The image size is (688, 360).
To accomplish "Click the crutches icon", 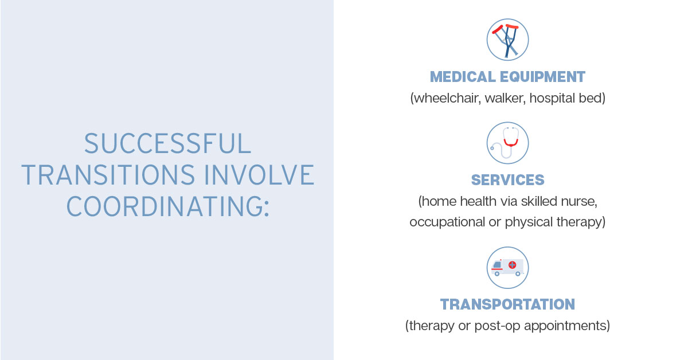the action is pyautogui.click(x=507, y=40).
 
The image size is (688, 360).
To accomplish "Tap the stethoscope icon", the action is pyautogui.click(x=507, y=143).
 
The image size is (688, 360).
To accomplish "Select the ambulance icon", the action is pyautogui.click(x=507, y=268).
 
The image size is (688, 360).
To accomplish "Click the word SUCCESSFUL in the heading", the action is pyautogui.click(x=167, y=143).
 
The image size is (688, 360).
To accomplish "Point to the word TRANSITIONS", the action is pyautogui.click(x=108, y=174).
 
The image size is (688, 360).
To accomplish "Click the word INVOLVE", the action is pyautogui.click(x=259, y=174).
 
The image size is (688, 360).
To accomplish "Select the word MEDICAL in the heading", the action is pyautogui.click(x=463, y=77).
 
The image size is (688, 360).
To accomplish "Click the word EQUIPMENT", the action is pyautogui.click(x=542, y=77).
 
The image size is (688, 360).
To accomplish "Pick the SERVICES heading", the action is pyautogui.click(x=508, y=180).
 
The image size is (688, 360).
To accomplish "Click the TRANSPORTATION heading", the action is pyautogui.click(x=507, y=304).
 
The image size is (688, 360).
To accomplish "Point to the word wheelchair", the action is pyautogui.click(x=445, y=98).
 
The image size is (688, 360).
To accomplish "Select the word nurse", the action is pyautogui.click(x=579, y=202).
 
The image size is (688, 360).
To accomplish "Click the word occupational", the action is pyautogui.click(x=447, y=222).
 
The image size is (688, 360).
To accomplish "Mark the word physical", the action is pyautogui.click(x=529, y=222).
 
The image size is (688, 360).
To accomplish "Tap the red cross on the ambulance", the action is pyautogui.click(x=513, y=265).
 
